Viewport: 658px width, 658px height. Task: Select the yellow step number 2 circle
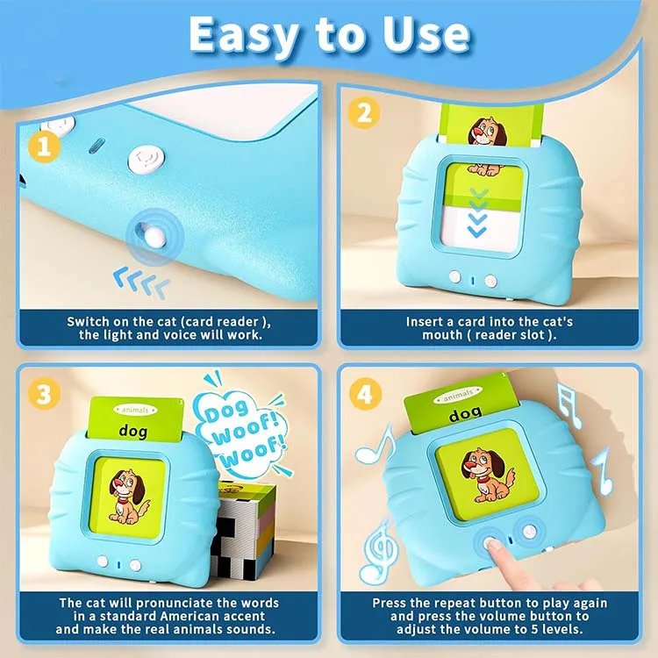[361, 114]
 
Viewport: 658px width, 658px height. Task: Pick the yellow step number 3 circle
[45, 393]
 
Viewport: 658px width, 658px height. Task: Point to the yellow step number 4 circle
[363, 393]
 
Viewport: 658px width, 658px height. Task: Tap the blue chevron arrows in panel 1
[141, 283]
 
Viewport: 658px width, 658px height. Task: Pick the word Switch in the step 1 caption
[89, 321]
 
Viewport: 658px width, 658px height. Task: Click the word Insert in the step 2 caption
[426, 321]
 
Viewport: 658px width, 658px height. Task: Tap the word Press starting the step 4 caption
[391, 603]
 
